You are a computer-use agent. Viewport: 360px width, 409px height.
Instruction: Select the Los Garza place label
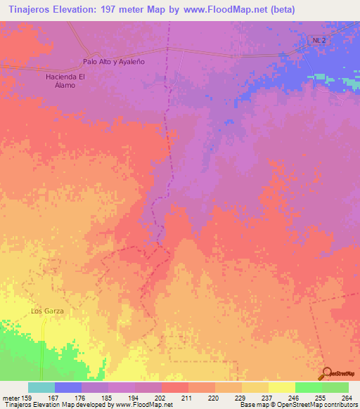pos(47,311)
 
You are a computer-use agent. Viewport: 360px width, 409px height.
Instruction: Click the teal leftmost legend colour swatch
pos(41,387)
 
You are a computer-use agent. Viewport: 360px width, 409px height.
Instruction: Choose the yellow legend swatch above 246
pos(281,387)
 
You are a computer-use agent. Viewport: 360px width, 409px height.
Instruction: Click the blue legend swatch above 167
pos(68,387)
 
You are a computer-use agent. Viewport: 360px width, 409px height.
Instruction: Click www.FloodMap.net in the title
pos(219,9)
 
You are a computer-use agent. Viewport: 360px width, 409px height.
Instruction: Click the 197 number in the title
pos(113,9)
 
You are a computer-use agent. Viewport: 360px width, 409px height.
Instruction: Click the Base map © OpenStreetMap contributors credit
pos(297,405)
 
